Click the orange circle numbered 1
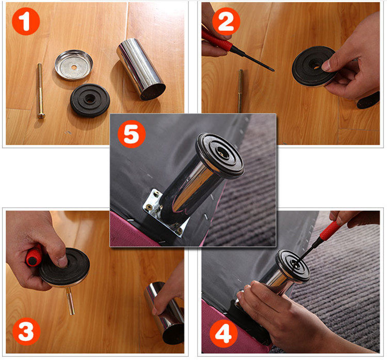click(x=26, y=21)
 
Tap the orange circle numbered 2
click(x=226, y=21)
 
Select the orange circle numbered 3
click(x=26, y=331)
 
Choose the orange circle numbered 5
click(x=132, y=134)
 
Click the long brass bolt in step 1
click(x=40, y=90)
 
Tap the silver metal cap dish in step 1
click(x=74, y=65)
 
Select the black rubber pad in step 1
click(x=90, y=100)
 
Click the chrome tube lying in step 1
click(x=140, y=69)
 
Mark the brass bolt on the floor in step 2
click(x=240, y=91)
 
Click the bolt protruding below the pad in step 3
click(x=70, y=300)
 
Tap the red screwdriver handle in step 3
click(x=34, y=257)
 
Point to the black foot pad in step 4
click(x=293, y=266)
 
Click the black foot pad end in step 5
click(x=220, y=155)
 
